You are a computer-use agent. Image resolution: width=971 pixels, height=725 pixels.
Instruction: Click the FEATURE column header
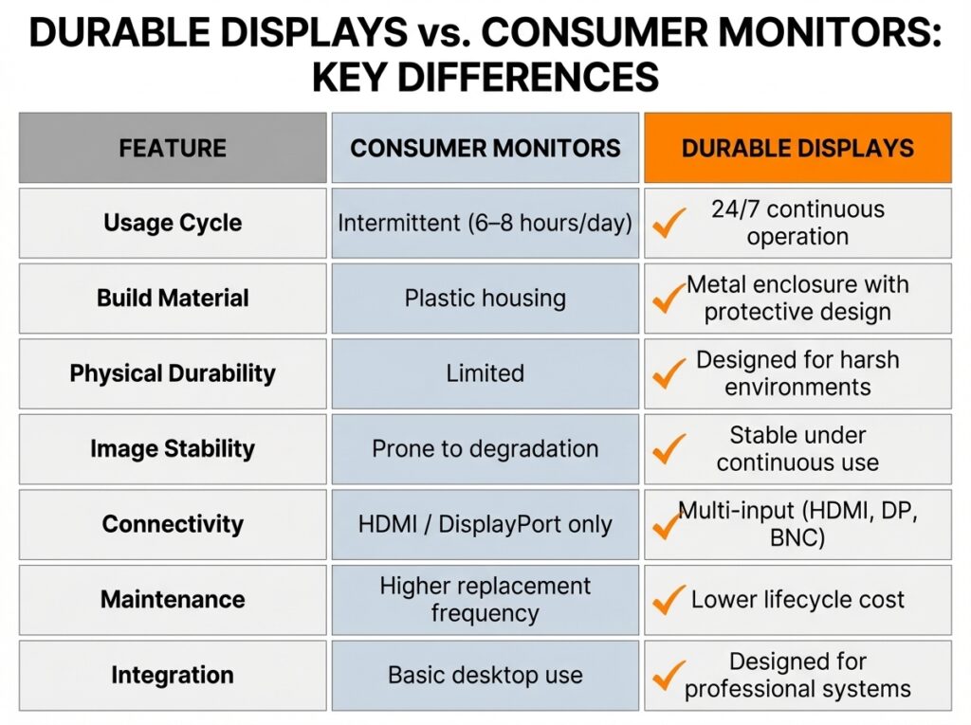[173, 148]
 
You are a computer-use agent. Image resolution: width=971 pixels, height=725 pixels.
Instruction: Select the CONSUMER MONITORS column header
[485, 148]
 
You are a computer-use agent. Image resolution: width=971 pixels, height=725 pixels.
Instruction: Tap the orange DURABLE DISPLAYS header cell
[797, 148]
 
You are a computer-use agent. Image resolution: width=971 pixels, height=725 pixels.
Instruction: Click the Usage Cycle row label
[173, 223]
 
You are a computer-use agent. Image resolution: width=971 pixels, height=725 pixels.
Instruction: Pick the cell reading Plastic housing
[485, 298]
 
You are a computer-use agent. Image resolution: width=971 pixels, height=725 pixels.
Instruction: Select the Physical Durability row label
[173, 372]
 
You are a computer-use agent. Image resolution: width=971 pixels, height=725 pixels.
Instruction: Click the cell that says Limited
[485, 373]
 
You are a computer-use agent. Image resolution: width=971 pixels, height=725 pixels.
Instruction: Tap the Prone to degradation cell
[485, 448]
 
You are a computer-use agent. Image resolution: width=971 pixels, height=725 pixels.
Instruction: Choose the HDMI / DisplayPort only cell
[485, 524]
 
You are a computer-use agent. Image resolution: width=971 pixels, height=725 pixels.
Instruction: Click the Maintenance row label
[173, 599]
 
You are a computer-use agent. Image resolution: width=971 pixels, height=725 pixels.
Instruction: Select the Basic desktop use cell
[485, 675]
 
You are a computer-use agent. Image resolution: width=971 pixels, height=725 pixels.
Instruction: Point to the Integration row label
[173, 675]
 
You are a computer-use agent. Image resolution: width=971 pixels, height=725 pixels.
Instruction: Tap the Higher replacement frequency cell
[485, 599]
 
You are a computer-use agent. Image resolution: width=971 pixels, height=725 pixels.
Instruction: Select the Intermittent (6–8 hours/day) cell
[485, 223]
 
